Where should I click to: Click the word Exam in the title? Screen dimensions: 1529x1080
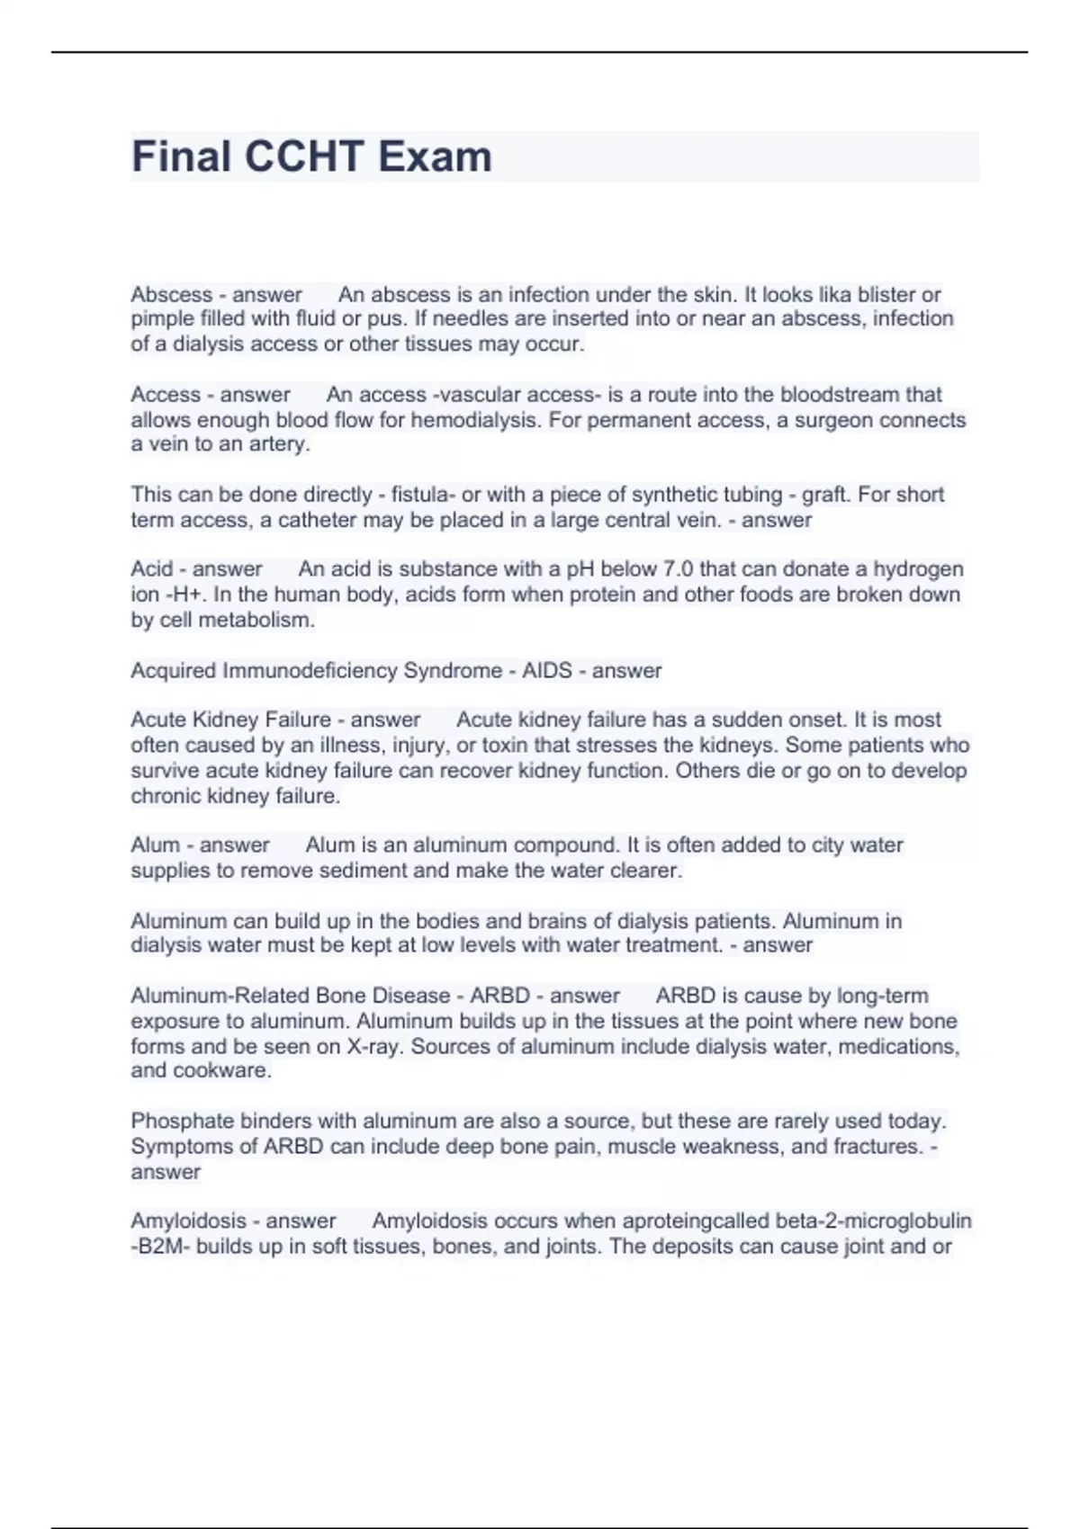tap(435, 156)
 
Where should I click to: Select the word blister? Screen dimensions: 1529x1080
tap(887, 294)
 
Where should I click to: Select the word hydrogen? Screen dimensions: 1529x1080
tap(918, 569)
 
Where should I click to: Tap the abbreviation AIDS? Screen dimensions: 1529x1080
tap(547, 671)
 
